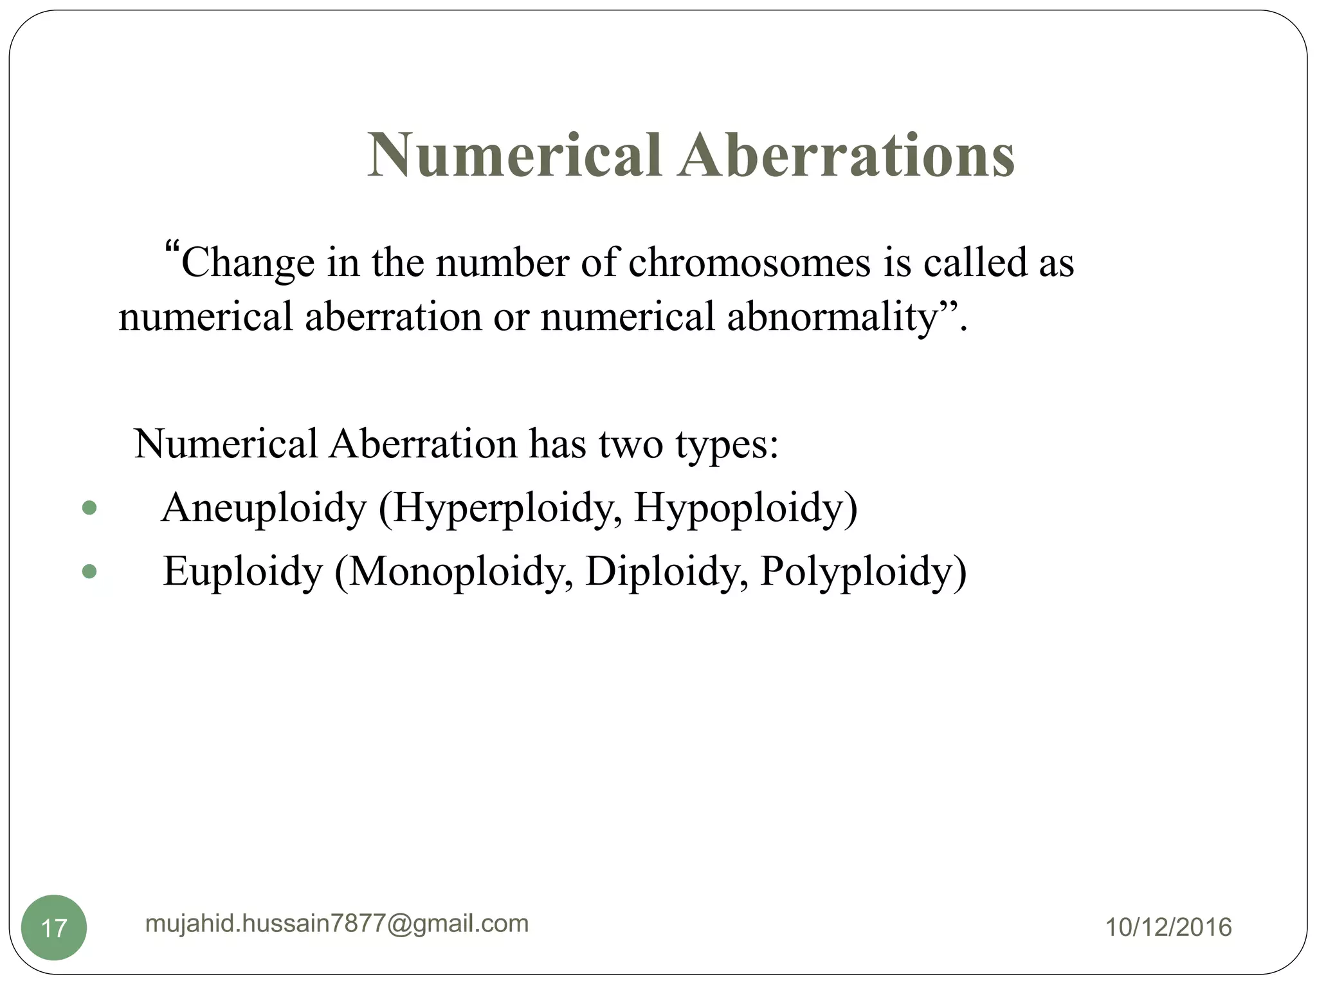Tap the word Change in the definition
tap(248, 263)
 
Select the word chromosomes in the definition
tap(749, 263)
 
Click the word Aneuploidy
tap(264, 509)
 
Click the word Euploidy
tap(242, 572)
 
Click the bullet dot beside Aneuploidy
tap(89, 508)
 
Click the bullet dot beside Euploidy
tap(89, 571)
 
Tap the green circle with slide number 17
tap(54, 928)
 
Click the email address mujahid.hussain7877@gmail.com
tap(337, 924)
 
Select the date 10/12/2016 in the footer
tap(1168, 928)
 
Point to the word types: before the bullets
tap(727, 444)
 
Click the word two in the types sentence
tap(630, 444)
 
